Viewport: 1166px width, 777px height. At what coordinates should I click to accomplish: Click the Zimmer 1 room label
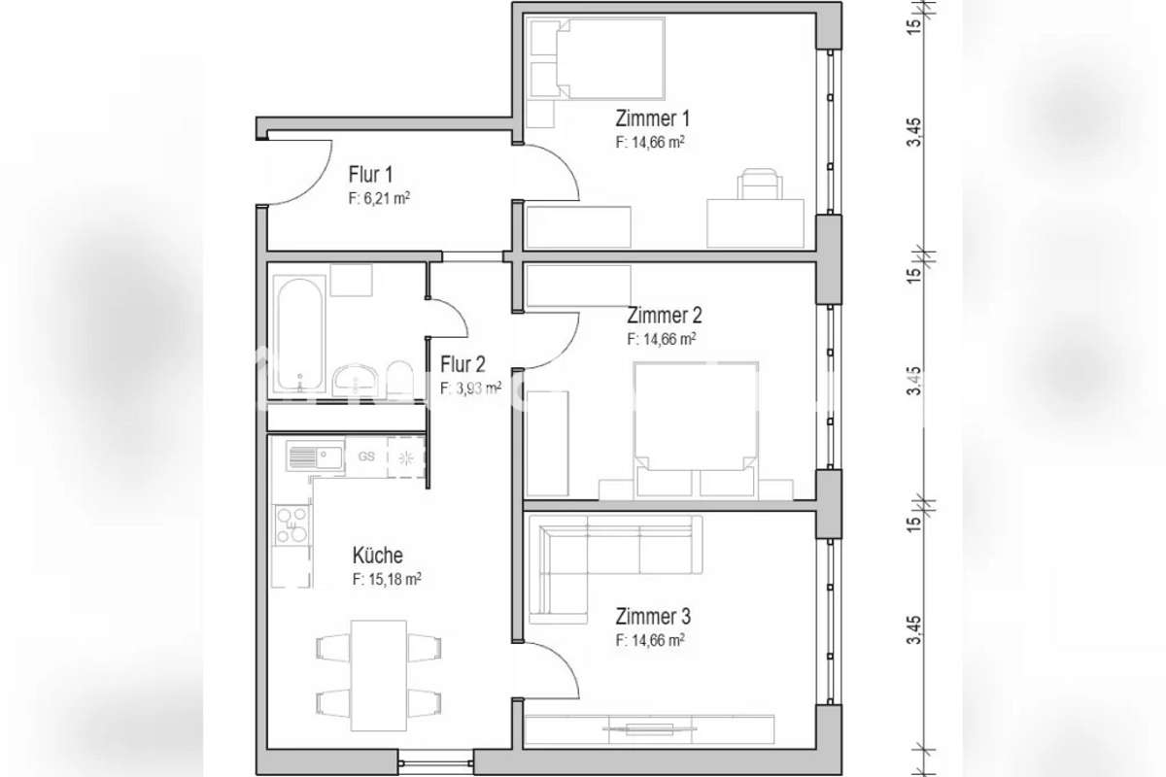tap(652, 118)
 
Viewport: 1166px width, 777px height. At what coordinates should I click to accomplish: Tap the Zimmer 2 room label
tap(665, 316)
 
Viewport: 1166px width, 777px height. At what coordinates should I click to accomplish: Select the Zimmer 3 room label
tap(653, 616)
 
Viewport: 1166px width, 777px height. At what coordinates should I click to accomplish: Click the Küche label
tap(377, 556)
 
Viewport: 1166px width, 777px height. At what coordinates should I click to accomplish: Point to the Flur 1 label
tap(370, 175)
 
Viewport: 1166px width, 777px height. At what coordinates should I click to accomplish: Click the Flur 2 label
tap(463, 364)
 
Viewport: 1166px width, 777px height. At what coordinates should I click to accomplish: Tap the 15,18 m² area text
tap(394, 580)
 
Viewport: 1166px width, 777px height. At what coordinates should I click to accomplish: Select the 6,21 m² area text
tap(387, 199)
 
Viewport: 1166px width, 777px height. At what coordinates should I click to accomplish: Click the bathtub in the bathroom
tap(299, 335)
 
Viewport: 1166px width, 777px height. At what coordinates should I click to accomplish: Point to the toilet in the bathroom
tap(399, 379)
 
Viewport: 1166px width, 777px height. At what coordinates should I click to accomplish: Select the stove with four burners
tap(291, 525)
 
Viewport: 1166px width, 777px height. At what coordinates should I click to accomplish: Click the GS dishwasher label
tap(366, 456)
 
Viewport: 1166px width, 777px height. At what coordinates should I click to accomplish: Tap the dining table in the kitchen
tap(378, 676)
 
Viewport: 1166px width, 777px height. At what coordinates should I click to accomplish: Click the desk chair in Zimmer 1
tap(760, 184)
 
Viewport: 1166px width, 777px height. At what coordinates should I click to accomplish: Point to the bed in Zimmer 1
tap(596, 59)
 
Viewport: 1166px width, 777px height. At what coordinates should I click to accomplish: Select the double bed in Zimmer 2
tap(696, 429)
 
